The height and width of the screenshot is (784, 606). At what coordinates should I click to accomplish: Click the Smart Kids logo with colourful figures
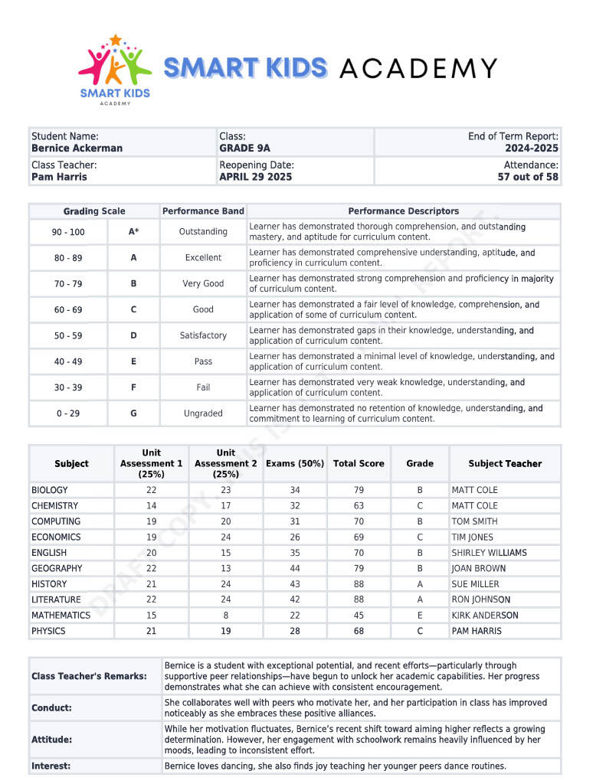pos(115,69)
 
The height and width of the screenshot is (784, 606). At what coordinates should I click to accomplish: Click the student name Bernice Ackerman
pos(77,148)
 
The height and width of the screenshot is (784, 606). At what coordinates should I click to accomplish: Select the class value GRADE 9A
pos(244,148)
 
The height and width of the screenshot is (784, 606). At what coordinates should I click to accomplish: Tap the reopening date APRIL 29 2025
pos(255,177)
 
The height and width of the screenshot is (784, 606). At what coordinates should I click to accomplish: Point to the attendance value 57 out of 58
pos(528,177)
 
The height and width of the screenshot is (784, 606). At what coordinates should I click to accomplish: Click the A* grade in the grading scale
pos(133,231)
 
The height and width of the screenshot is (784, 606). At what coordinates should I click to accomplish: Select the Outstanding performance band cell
pos(203,231)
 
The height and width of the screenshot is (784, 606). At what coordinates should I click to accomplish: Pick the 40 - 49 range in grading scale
pos(68,361)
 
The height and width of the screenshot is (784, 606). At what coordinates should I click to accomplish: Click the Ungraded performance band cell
pos(203,413)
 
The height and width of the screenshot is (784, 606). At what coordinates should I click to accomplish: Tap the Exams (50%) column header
pos(295,463)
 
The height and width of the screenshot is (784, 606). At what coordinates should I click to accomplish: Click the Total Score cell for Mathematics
pos(359,615)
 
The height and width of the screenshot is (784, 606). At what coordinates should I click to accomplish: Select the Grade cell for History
pos(420,583)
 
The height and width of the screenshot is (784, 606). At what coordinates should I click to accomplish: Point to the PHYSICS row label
pos(48,631)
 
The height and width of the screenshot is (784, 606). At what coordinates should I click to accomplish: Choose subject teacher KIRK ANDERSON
pos(484,615)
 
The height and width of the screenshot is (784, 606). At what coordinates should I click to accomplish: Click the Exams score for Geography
pos(295,568)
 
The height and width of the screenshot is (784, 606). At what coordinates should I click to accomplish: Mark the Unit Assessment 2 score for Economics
pos(226,537)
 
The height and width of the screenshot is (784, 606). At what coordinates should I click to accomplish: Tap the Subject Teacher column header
pos(505,463)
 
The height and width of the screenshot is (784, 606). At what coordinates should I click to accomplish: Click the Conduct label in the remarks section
pos(51,708)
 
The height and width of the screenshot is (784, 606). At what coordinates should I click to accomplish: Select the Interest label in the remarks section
pos(51,766)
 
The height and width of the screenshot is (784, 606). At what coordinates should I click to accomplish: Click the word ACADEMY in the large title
pos(418,68)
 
